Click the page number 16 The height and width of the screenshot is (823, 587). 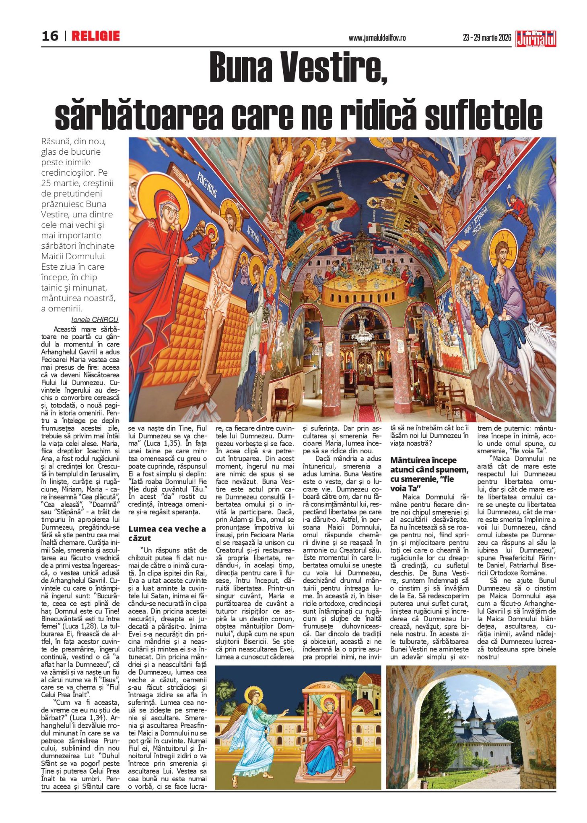tap(50, 36)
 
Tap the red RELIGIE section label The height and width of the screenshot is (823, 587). tap(96, 36)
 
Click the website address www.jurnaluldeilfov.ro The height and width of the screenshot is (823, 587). tap(377, 38)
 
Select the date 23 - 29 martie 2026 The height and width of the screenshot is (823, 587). tap(487, 38)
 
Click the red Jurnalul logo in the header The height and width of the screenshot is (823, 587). tap(536, 39)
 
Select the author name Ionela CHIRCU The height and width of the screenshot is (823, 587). tap(95, 320)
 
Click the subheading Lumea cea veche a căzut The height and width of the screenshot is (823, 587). tap(167, 533)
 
